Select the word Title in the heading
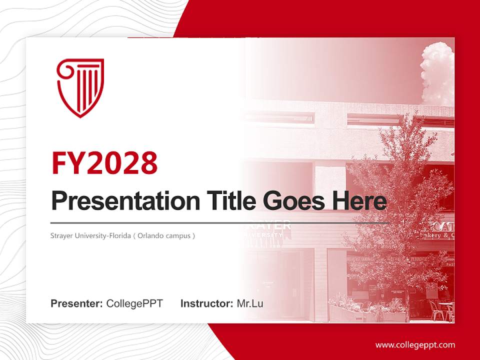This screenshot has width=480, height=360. click(229, 201)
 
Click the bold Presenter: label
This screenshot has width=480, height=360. click(77, 303)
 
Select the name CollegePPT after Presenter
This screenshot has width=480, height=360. click(134, 303)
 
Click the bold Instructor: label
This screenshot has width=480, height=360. click(206, 303)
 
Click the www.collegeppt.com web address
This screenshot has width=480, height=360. click(415, 345)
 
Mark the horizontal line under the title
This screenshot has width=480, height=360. click(220, 222)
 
